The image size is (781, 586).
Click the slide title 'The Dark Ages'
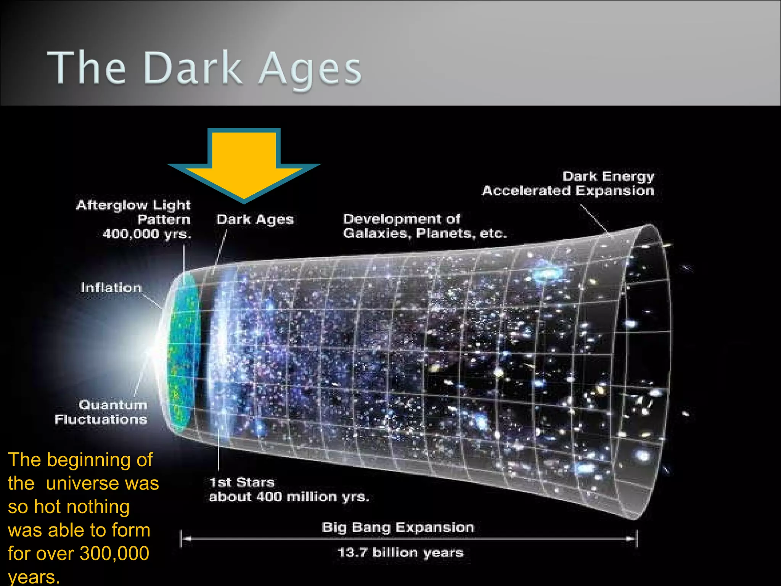204,69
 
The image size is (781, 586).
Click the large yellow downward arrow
244,164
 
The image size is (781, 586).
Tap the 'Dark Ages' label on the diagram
255,219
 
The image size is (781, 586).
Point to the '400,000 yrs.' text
147,234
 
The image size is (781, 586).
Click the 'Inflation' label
111,288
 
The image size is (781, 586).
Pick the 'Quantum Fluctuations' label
101,412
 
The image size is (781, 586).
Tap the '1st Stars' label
242,482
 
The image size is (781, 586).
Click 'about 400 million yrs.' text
289,497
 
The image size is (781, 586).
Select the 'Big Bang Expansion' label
398,527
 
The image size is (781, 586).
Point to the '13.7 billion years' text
400,552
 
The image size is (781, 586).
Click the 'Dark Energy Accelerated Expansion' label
568,184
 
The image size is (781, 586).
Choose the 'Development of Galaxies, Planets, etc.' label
425,226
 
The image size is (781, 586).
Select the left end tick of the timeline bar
181,539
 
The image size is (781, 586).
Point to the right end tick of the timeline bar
636,539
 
